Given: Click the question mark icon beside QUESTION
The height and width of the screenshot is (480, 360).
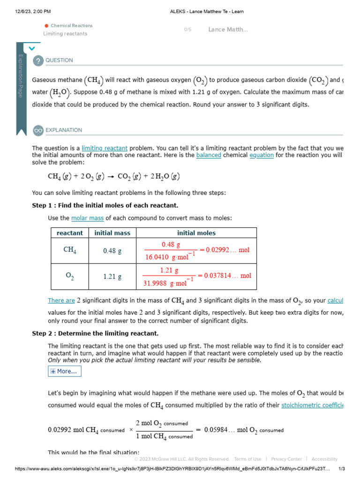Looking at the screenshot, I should coord(38,60).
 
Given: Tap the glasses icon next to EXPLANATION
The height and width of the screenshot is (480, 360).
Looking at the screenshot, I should coord(38,130).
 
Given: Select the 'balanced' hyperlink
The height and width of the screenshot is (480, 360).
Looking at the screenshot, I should coord(209,155).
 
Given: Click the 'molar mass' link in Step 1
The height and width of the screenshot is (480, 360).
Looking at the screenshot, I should coord(88,218).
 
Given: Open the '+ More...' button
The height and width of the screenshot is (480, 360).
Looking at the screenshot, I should coord(65,371).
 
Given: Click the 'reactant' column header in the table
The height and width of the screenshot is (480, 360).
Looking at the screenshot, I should coord(70,233).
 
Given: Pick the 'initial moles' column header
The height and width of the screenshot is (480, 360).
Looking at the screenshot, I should coord(196,233).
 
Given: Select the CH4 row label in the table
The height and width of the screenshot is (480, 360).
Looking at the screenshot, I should coord(70,250).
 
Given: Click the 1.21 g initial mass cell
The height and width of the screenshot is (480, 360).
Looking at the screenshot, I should coord(112,277).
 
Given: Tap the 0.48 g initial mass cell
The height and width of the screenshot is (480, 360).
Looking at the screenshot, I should coord(112,251).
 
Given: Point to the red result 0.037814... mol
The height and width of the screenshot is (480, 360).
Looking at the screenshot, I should coord(229,276).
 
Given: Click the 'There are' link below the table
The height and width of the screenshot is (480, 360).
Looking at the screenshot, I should coord(61,301).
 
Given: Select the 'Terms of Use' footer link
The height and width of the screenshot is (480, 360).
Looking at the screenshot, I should coord(247,459).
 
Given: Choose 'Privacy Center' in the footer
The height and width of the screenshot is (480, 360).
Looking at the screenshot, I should coord(286,459).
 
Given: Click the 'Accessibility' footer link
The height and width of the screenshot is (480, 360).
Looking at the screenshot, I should coord(324,459).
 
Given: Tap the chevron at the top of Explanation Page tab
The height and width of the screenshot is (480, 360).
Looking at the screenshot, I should coord(31,48).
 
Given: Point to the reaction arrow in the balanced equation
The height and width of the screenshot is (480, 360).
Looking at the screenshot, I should coord(111,177).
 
